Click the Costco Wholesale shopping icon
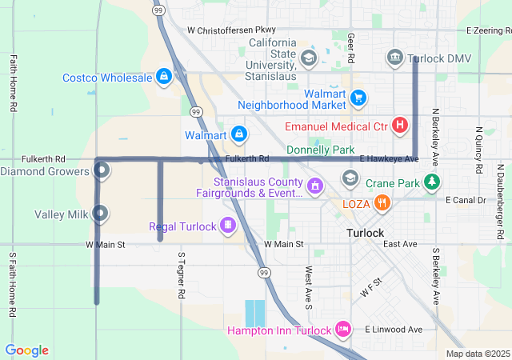coord(163,77)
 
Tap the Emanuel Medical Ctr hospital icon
coord(399,126)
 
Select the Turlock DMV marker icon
coord(394,58)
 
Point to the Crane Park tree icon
coord(432,182)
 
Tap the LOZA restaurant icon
coord(383,203)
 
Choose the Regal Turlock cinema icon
coord(228,226)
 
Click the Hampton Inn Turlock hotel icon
coord(343,329)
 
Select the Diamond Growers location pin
coord(102,170)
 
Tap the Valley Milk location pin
coord(101,214)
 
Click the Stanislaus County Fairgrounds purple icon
coord(315,186)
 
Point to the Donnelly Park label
coord(320,150)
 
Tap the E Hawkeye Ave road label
coord(389,159)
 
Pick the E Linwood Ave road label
coord(393,329)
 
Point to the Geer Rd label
coord(350,48)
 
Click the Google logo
coord(27,350)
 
